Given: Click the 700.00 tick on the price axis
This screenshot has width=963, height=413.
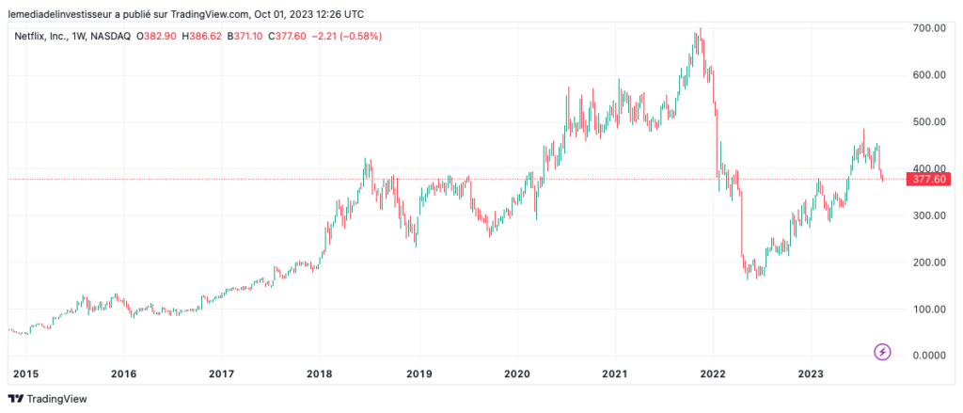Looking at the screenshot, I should click(928, 28).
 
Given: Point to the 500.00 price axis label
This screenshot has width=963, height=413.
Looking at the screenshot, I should click(928, 122).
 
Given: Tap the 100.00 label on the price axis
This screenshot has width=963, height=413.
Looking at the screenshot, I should click(928, 309).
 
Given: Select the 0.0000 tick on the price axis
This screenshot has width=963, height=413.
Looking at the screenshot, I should click(928, 356).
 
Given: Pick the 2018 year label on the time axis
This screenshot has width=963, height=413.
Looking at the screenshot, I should click(320, 373).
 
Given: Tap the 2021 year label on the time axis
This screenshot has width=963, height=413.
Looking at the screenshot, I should click(615, 373).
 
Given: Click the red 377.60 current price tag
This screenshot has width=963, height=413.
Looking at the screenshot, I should click(927, 179).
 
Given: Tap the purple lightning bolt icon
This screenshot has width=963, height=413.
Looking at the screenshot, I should click(883, 352).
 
